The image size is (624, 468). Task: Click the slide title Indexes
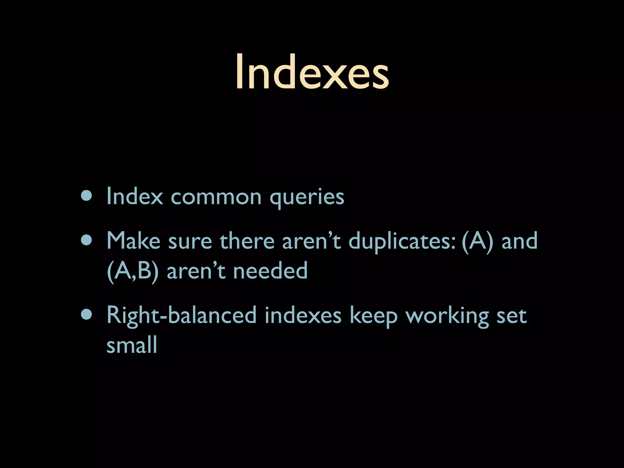click(312, 72)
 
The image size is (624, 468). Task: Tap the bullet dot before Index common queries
click(87, 197)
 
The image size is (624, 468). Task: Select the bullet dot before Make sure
click(87, 241)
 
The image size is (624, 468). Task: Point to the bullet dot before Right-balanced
click(87, 315)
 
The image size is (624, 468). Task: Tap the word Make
click(133, 241)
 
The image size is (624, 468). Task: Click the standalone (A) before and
click(477, 241)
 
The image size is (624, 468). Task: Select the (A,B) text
click(133, 271)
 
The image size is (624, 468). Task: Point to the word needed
click(270, 271)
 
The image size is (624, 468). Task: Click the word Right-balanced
click(182, 316)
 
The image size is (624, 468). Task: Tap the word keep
click(374, 316)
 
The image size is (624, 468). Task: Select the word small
click(132, 345)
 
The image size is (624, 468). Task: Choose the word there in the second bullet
click(247, 241)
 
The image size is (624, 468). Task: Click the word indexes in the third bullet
click(303, 315)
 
